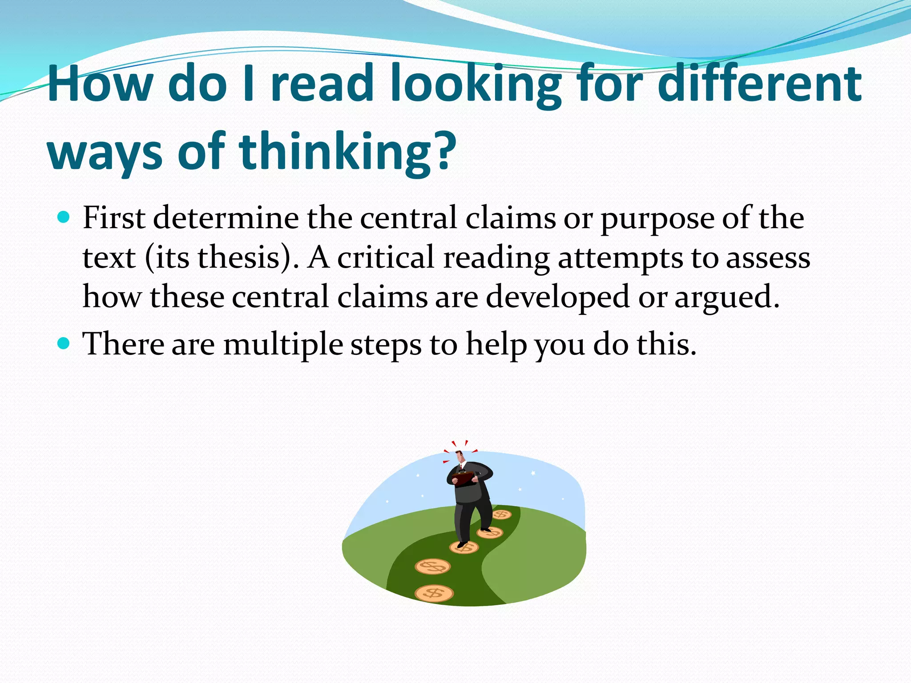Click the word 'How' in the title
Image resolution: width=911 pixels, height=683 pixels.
(101, 84)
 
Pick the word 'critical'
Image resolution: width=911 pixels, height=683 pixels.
(385, 257)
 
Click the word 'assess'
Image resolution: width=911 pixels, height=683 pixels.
(768, 258)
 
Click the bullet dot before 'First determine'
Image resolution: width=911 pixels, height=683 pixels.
(64, 217)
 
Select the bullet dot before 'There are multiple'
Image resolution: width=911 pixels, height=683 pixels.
(64, 343)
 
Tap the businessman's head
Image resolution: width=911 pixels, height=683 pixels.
(460, 456)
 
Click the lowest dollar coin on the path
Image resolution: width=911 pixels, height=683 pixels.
(434, 593)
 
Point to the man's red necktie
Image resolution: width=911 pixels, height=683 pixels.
(461, 466)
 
